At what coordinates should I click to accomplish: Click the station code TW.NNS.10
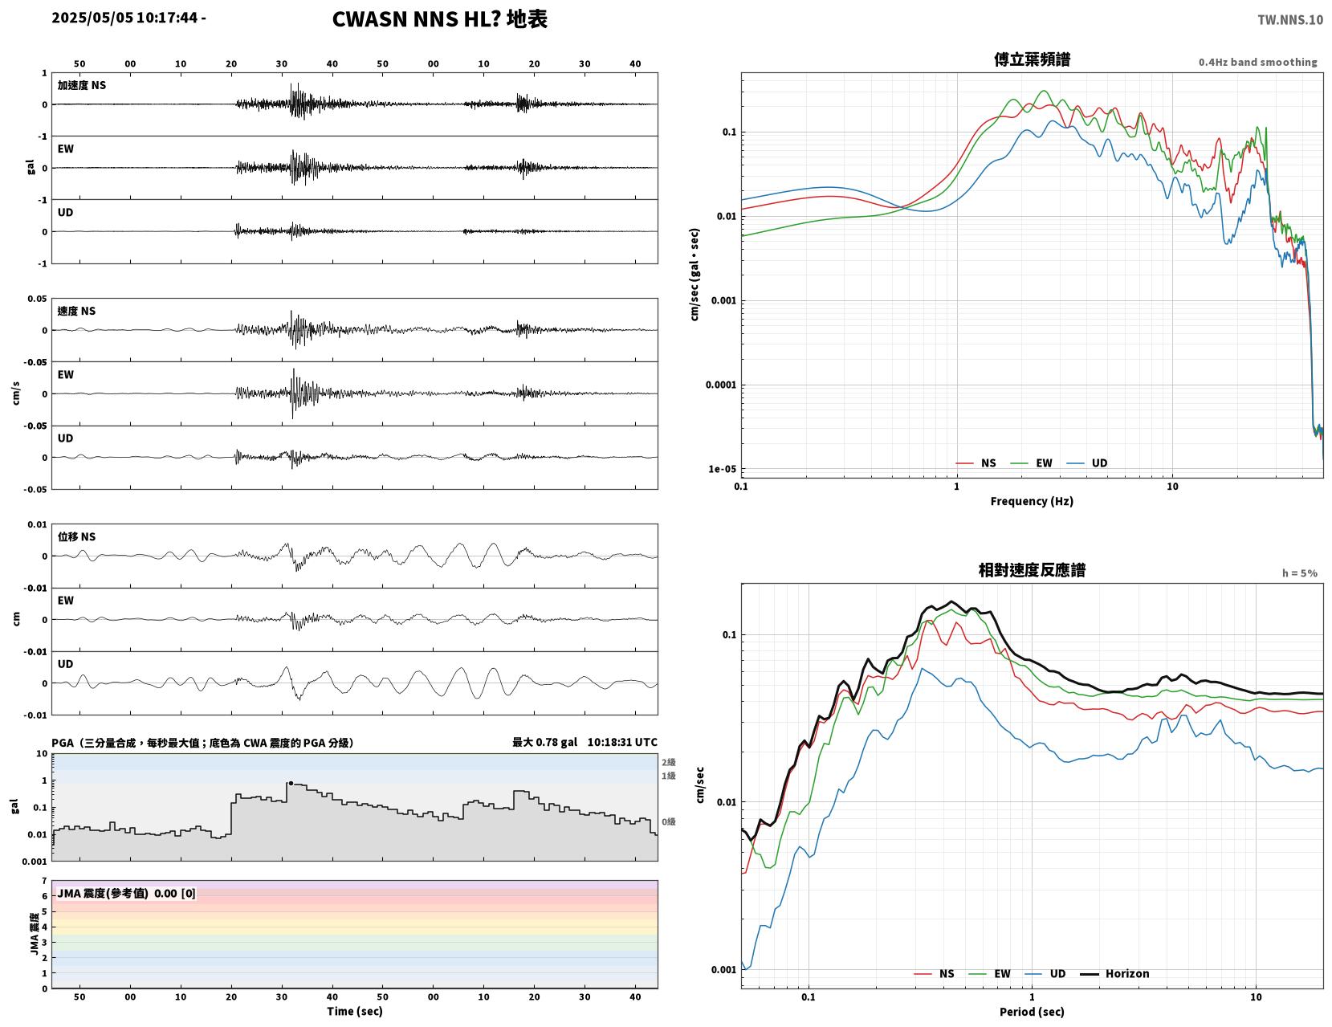pos(1289,19)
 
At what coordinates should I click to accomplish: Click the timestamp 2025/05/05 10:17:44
pos(124,18)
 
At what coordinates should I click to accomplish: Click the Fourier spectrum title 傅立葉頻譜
pos(1032,59)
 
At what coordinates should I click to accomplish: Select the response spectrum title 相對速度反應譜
pos(1032,570)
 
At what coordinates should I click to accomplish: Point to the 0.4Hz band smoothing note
pos(1257,62)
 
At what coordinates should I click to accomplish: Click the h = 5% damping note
pos(1299,573)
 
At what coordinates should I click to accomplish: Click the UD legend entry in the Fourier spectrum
pos(1087,463)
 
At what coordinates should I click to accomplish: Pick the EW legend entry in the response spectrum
pos(989,973)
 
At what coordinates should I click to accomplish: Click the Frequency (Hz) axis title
pos(1032,500)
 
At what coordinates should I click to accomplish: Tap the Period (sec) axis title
pos(1032,1011)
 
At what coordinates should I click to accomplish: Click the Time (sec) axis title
pos(354,1010)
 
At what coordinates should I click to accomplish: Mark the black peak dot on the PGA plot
pos(291,783)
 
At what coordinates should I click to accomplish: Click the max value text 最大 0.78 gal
pos(544,742)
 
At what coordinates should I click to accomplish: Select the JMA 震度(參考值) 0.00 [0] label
pos(126,893)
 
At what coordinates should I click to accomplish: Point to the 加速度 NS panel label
pos(82,85)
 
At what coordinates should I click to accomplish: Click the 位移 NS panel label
pos(76,536)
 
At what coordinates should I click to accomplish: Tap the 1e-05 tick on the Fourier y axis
pos(722,469)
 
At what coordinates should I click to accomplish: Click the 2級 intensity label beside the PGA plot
pos(668,762)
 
